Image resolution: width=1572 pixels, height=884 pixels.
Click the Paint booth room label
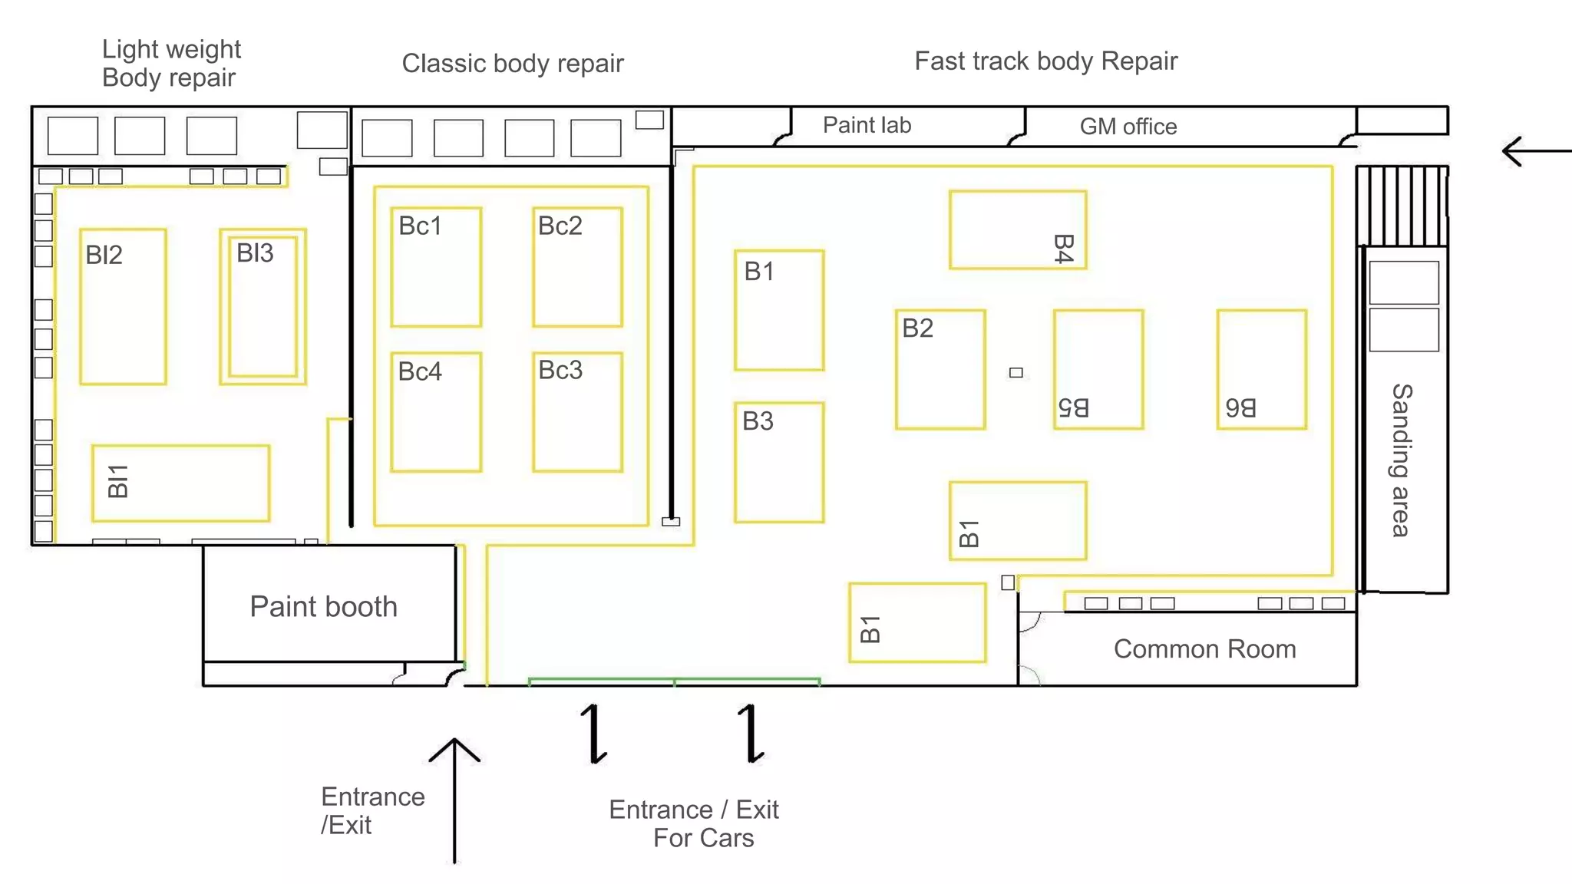point(323,607)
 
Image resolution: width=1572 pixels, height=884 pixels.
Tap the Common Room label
point(1204,649)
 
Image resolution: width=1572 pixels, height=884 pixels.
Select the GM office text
point(1128,127)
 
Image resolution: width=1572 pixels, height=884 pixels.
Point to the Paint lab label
point(867,125)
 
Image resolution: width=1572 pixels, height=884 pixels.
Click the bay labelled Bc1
point(436,267)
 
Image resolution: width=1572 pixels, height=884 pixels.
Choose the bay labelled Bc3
point(577,412)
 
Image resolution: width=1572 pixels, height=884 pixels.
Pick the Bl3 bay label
point(255,253)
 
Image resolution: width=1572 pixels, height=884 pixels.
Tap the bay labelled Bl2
point(123,307)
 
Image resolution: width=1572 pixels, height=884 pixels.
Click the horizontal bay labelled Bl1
point(180,483)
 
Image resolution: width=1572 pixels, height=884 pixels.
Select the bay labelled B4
point(1018,230)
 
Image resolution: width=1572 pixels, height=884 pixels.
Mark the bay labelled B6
point(1261,370)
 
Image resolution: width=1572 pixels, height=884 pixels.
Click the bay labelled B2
point(940,370)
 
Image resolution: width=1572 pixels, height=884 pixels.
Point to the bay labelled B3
point(779,463)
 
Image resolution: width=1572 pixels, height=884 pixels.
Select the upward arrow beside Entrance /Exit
point(454,801)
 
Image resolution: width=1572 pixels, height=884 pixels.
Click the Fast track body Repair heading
point(1045,61)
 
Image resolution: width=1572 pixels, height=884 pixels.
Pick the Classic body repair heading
point(513,63)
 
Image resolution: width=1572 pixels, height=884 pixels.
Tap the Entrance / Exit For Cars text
point(694,823)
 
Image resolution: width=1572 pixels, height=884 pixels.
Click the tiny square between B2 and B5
point(1016,373)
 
